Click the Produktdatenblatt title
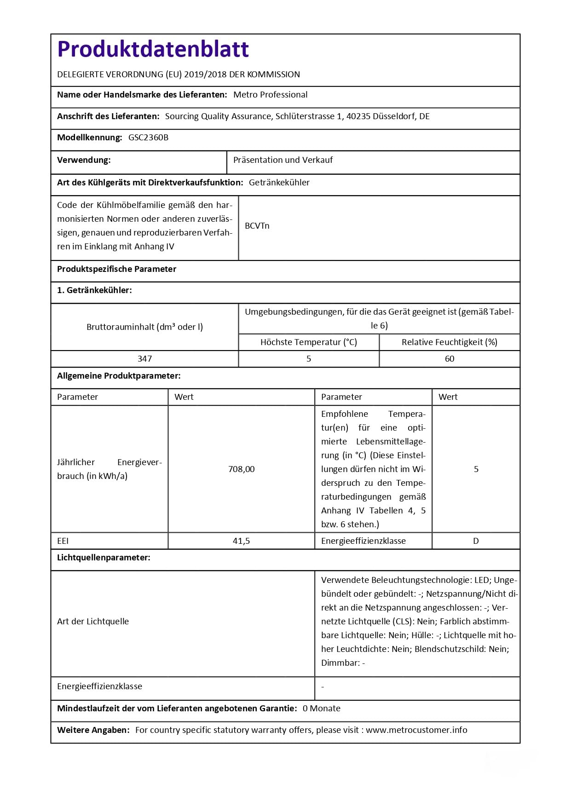(x=153, y=49)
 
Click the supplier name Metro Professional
(x=270, y=95)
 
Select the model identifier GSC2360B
(x=148, y=138)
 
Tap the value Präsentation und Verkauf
(x=283, y=160)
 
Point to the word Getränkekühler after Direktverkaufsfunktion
(x=279, y=183)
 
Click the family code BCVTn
(x=257, y=226)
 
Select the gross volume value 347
(x=144, y=359)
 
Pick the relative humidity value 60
(x=449, y=359)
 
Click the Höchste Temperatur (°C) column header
(x=308, y=342)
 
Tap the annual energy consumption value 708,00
(x=241, y=469)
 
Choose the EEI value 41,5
(x=241, y=541)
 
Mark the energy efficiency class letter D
(x=476, y=541)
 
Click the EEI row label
(x=63, y=541)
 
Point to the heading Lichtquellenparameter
(x=104, y=558)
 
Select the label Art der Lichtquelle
(x=93, y=622)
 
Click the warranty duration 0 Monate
(x=321, y=709)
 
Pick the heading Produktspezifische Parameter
(x=116, y=269)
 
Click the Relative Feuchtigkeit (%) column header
(x=449, y=342)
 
